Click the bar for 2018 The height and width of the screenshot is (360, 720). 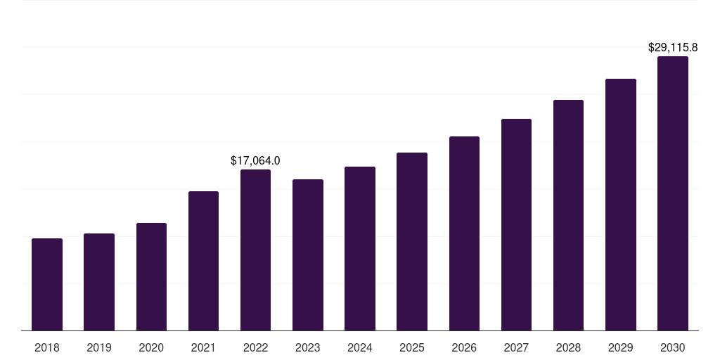[x=47, y=285]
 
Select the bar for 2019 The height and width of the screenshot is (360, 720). [x=99, y=282]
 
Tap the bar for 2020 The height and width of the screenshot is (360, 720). [x=152, y=277]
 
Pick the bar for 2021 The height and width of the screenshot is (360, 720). [x=203, y=261]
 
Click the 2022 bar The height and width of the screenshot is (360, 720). [x=255, y=250]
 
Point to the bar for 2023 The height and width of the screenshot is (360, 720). [x=308, y=255]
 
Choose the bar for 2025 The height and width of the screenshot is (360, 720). [x=412, y=242]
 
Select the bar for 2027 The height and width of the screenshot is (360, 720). [x=516, y=224]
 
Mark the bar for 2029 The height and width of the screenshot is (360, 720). [x=621, y=205]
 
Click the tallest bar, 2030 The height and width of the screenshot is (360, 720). [x=673, y=193]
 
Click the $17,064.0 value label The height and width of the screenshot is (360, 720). [x=255, y=161]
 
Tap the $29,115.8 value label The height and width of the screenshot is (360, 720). [x=673, y=47]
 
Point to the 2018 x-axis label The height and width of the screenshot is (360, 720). [x=47, y=347]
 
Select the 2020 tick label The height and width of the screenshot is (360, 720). [x=151, y=347]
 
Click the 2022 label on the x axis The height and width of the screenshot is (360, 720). [x=255, y=347]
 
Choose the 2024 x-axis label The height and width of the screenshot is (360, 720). [x=359, y=347]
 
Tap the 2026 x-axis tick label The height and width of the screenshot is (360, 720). [x=464, y=347]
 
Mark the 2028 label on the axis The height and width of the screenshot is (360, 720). [x=568, y=347]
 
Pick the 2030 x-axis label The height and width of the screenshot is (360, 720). [x=672, y=347]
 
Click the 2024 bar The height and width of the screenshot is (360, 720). [x=360, y=248]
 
